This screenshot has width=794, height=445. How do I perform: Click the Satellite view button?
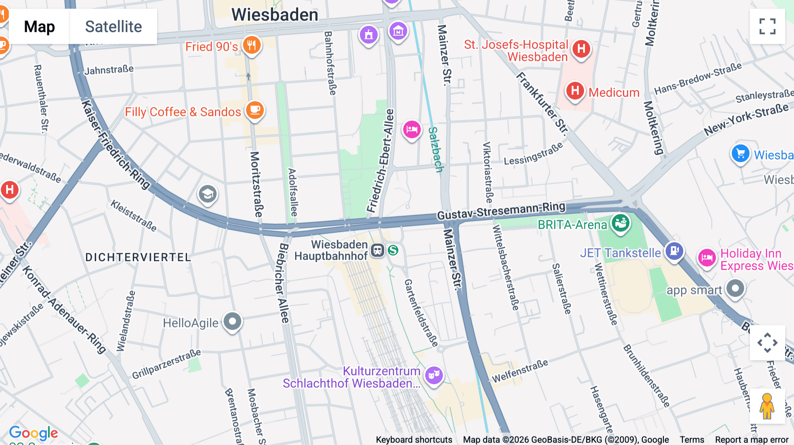click(x=113, y=27)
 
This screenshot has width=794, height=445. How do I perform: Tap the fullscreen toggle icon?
click(x=767, y=26)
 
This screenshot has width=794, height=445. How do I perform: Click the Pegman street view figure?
click(x=767, y=406)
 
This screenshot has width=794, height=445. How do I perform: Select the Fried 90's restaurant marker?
click(x=251, y=45)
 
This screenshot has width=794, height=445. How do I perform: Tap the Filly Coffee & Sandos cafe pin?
click(x=255, y=110)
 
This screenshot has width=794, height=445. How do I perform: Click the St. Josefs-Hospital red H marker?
click(x=581, y=49)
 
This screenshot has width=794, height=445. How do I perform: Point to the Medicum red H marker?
click(x=575, y=91)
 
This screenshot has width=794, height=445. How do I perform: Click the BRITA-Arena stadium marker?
click(x=621, y=223)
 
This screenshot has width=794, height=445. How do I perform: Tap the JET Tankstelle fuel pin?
click(x=674, y=252)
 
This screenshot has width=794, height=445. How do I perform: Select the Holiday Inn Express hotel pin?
click(x=707, y=258)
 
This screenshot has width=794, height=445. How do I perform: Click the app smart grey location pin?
click(x=735, y=289)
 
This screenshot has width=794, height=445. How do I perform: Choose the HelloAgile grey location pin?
click(x=232, y=322)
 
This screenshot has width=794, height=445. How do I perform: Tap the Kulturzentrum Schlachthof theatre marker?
click(x=434, y=375)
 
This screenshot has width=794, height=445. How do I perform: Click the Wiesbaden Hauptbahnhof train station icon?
click(x=377, y=250)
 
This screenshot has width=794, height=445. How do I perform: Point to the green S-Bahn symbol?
click(x=393, y=250)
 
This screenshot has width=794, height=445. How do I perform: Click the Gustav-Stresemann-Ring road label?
click(x=501, y=211)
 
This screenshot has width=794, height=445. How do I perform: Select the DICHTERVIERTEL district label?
click(x=138, y=257)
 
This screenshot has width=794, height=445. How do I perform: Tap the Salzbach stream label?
click(x=435, y=149)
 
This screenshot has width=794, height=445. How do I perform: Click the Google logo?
click(x=34, y=433)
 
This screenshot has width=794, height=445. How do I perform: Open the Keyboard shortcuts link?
click(x=414, y=440)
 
